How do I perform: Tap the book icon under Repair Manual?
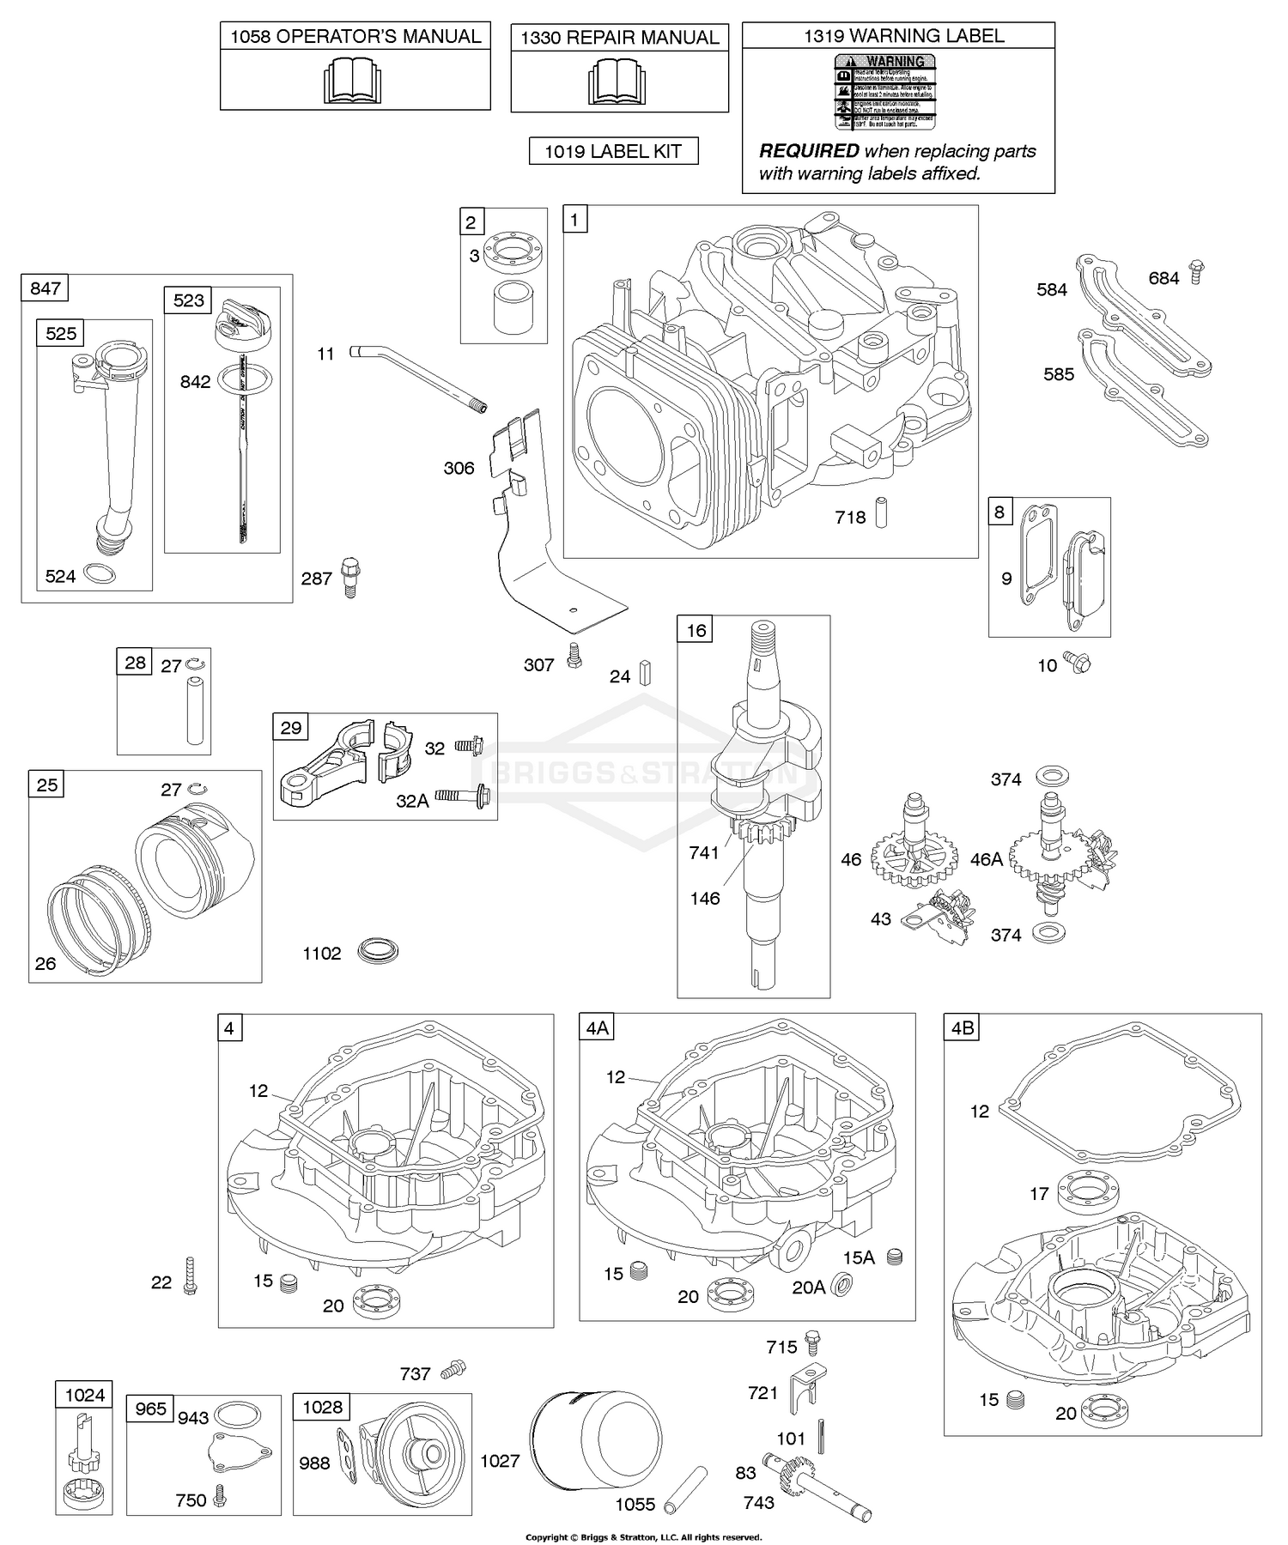(x=617, y=82)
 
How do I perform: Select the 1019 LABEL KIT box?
(x=613, y=152)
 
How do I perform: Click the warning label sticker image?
(x=885, y=92)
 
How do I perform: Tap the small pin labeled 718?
(x=881, y=512)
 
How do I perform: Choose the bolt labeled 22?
(x=190, y=1275)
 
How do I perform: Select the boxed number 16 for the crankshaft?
(x=696, y=630)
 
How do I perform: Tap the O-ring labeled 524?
(x=102, y=574)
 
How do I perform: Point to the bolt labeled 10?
(x=1076, y=662)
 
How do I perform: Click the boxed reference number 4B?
(x=962, y=1027)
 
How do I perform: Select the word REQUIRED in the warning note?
(x=809, y=151)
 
